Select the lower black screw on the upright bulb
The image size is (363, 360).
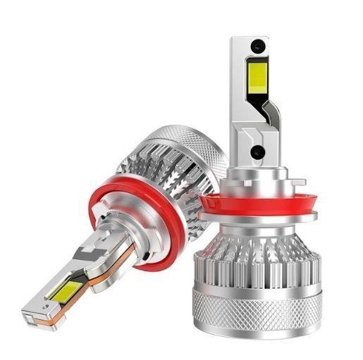[x=257, y=151]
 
